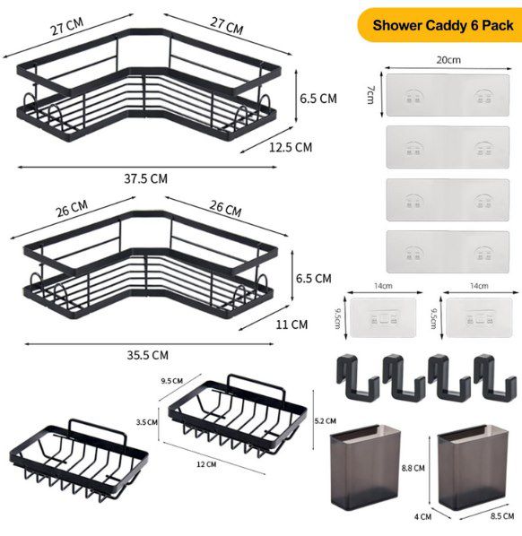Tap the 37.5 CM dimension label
[x=145, y=178]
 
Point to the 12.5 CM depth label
[x=290, y=146]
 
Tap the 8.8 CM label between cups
[x=413, y=467]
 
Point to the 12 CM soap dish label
[x=207, y=463]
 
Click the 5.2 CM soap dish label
[x=326, y=419]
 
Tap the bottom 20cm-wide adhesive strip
[x=448, y=253]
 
